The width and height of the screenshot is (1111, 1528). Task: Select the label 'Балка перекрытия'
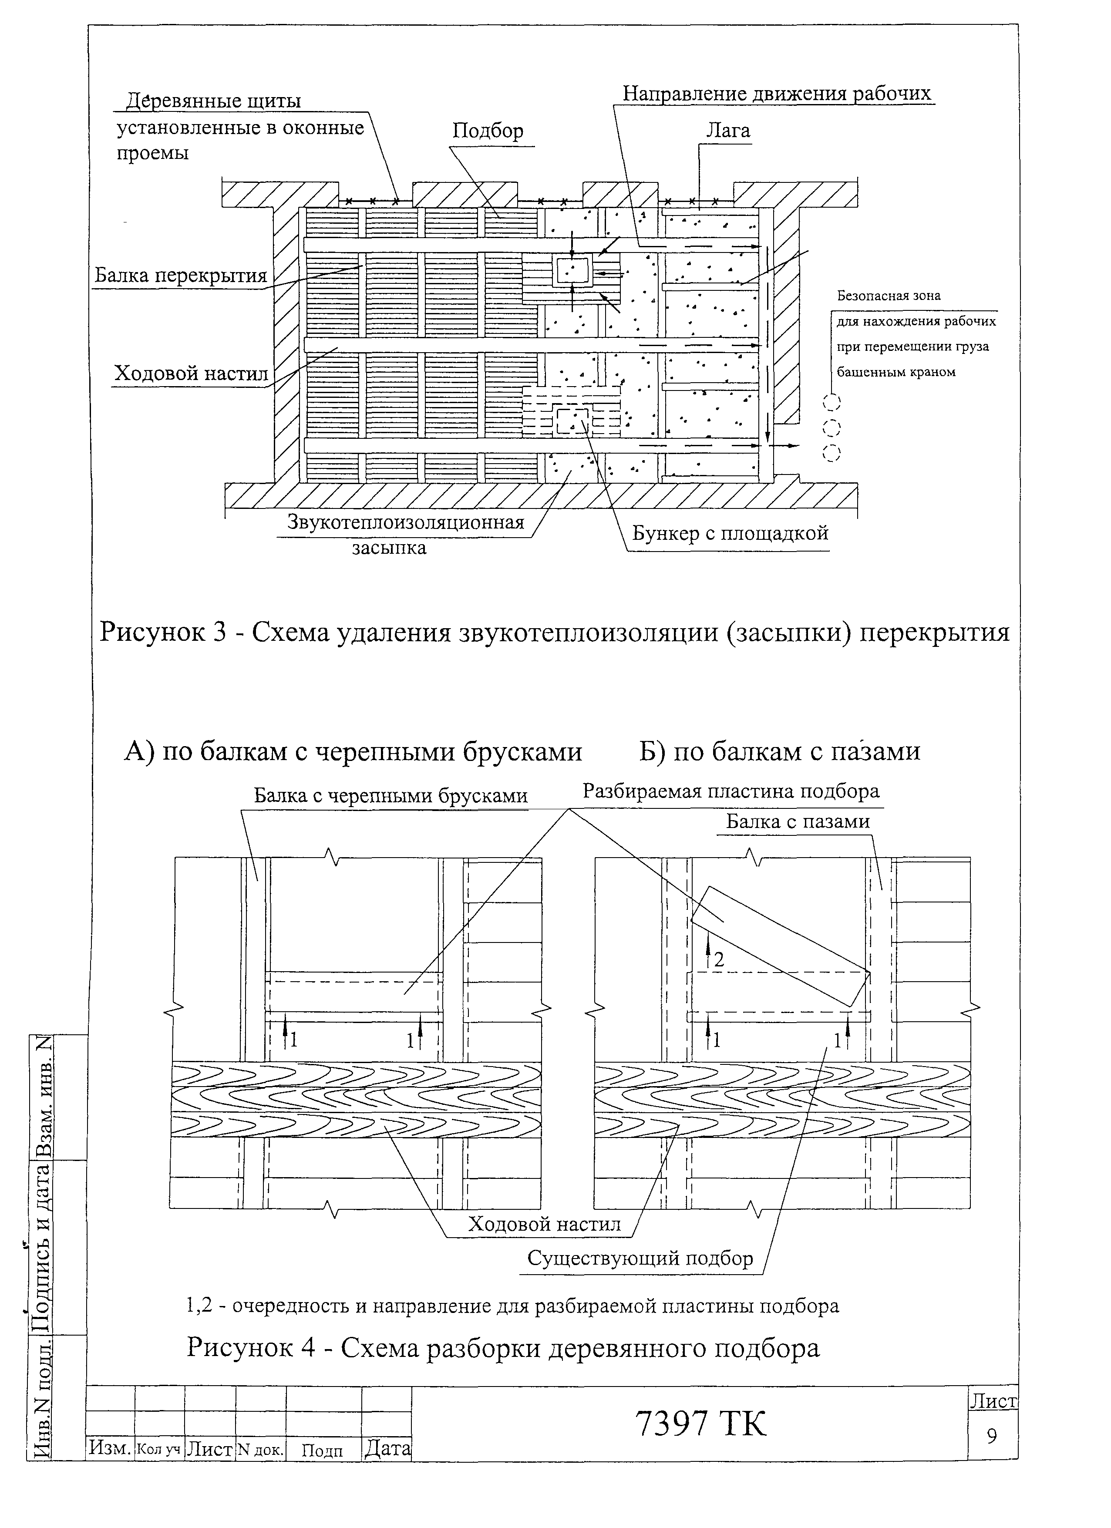[x=181, y=276]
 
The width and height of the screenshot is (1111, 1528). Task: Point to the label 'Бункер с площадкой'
[x=730, y=534]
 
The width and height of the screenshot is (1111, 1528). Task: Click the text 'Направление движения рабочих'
[x=776, y=94]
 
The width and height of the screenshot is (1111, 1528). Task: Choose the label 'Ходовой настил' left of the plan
[x=191, y=373]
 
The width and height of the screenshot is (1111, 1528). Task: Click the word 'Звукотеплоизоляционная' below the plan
[x=406, y=522]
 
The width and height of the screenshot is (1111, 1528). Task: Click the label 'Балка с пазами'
[x=798, y=822]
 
